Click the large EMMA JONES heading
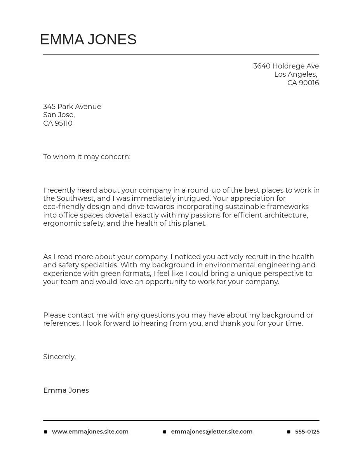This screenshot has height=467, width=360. click(88, 40)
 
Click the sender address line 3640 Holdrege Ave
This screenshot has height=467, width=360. click(286, 66)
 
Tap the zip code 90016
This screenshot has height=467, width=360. click(309, 83)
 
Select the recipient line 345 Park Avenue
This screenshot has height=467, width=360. click(72, 107)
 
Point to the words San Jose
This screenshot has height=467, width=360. click(58, 115)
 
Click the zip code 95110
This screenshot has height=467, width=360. click(64, 123)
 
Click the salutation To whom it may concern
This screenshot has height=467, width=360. click(87, 157)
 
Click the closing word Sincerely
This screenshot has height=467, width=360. click(59, 357)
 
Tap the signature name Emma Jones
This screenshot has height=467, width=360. click(66, 390)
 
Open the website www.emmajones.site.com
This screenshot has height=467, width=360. click(90, 432)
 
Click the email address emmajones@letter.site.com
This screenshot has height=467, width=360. click(212, 432)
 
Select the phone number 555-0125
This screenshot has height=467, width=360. click(307, 432)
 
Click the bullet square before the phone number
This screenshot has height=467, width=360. click(289, 432)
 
